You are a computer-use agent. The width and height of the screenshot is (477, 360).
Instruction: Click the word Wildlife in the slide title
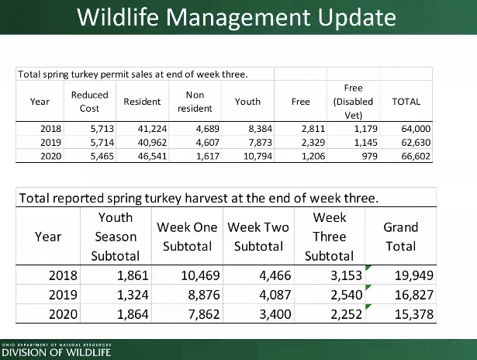tap(117, 17)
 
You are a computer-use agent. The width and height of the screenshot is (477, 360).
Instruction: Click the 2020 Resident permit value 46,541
tap(152, 156)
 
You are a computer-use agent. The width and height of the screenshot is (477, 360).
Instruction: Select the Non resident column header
tap(195, 102)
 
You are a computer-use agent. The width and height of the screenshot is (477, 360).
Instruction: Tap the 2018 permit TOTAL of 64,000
tap(416, 129)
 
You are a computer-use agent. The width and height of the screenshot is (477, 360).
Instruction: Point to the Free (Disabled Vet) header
tap(353, 102)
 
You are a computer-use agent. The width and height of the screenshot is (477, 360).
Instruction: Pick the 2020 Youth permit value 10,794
tap(258, 156)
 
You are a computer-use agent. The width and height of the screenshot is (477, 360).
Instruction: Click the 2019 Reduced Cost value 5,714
tap(102, 143)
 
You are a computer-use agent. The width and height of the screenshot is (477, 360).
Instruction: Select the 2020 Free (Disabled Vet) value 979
tap(369, 156)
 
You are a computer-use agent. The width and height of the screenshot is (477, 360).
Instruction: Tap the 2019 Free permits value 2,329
tap(313, 143)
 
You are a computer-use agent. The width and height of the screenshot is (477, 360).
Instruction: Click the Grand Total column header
tap(401, 237)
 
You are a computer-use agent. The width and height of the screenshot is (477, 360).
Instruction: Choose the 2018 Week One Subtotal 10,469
tap(200, 275)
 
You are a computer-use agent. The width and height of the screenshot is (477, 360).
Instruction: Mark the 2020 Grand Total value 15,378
tap(413, 314)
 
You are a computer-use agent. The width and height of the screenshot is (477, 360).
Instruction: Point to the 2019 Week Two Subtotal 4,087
tap(275, 295)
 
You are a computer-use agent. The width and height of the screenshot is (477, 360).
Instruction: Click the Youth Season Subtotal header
tap(116, 237)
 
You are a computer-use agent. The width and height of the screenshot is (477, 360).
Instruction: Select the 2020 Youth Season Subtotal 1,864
tap(133, 314)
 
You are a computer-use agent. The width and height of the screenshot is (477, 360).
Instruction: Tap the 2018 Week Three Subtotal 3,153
tap(346, 275)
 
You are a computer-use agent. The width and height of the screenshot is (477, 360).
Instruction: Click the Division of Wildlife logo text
tap(57, 352)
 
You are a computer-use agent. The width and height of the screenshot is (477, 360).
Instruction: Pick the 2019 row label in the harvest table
tap(63, 295)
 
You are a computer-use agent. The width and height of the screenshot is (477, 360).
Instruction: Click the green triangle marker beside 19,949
tap(368, 268)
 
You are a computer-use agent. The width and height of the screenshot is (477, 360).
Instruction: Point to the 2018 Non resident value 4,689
tap(207, 129)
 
